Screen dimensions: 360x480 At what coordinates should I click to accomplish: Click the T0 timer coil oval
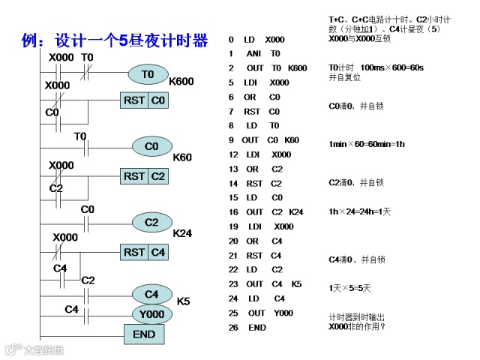point(147,74)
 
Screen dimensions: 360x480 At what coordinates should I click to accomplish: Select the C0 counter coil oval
point(152,146)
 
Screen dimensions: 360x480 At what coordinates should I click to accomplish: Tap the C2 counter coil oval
point(152,222)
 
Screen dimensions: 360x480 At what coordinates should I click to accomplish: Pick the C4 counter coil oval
point(152,294)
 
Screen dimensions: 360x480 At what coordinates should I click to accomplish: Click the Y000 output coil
point(152,314)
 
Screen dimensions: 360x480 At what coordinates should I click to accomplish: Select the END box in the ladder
point(144,334)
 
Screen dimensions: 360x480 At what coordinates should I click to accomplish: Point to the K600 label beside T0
point(182,81)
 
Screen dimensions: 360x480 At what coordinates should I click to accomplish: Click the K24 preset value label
point(182,233)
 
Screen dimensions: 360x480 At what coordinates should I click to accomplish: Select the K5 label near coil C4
point(183,301)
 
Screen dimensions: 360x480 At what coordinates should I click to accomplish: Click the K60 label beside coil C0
point(182,157)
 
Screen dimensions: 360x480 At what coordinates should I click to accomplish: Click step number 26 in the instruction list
point(233,328)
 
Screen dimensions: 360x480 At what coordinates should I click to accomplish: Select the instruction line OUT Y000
point(270,313)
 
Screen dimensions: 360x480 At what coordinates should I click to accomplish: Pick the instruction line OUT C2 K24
point(274,212)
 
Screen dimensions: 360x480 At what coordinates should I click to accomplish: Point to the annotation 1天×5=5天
point(349,288)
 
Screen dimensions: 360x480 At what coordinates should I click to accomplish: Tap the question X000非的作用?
point(357,326)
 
